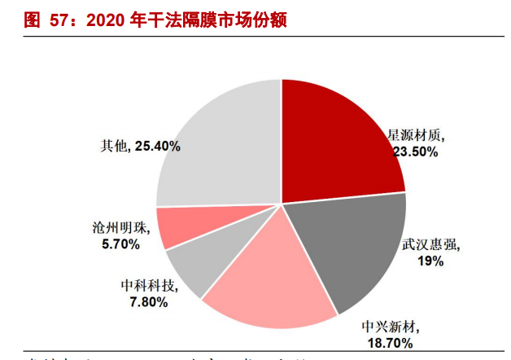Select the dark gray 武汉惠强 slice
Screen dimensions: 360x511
click(350, 244)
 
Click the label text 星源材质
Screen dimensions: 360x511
click(415, 135)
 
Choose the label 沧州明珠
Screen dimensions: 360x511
click(116, 227)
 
